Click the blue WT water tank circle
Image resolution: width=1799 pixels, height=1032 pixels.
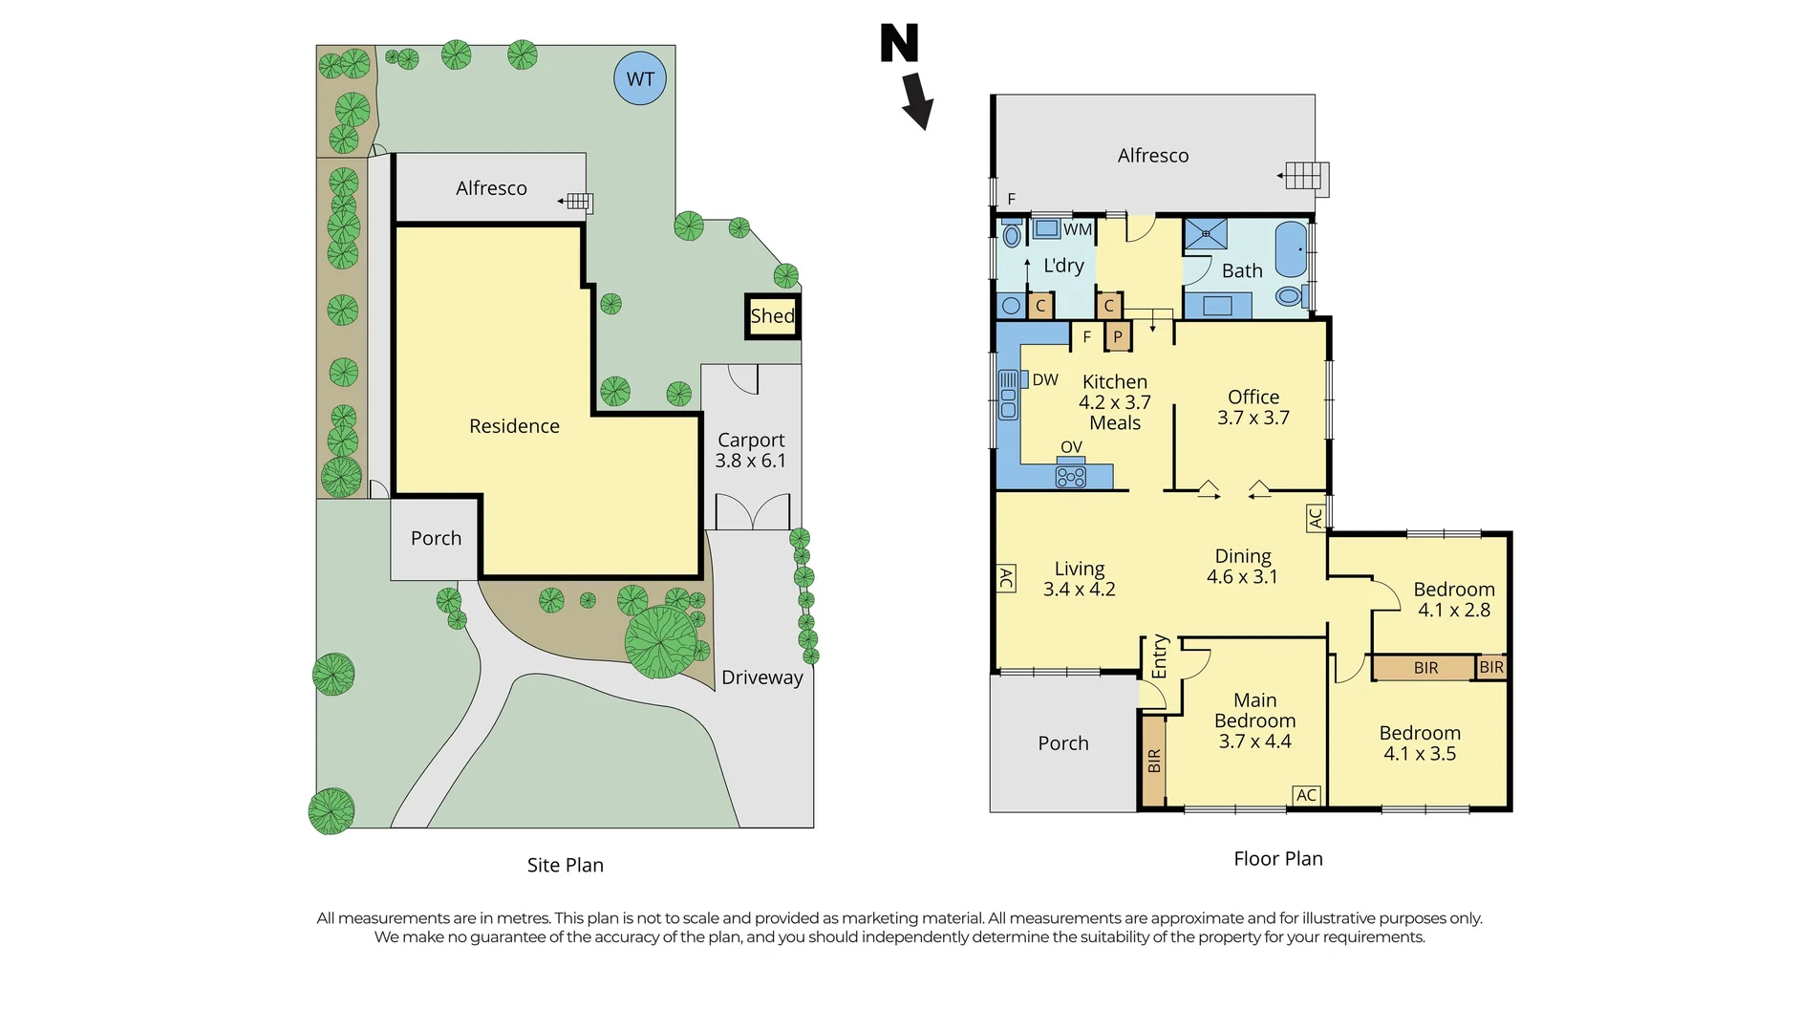click(x=640, y=78)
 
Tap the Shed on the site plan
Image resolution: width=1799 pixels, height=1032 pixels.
click(x=773, y=316)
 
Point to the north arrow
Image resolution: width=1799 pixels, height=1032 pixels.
click(x=917, y=100)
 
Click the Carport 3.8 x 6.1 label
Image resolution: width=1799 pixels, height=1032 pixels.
click(x=751, y=450)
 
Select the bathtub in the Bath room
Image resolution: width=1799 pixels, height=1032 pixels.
click(x=1291, y=250)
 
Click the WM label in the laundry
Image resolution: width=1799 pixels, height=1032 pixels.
click(x=1078, y=229)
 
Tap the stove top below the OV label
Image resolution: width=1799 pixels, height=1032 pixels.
click(x=1071, y=476)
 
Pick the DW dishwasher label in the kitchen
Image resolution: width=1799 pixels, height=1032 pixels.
click(x=1045, y=379)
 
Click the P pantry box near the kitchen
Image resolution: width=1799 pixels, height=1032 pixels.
click(x=1118, y=336)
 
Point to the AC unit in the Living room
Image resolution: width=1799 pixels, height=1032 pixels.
click(x=1006, y=578)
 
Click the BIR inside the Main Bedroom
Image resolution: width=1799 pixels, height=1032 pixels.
click(x=1154, y=761)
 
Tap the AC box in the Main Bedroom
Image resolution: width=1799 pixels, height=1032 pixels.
click(x=1307, y=795)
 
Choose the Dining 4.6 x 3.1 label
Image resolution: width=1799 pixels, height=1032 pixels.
click(x=1242, y=566)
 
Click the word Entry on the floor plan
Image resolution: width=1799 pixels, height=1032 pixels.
click(x=1160, y=656)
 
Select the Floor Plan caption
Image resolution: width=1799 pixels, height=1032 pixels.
click(x=1278, y=858)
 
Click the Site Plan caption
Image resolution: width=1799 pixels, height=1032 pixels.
click(x=566, y=865)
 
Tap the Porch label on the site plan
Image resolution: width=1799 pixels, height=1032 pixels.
click(x=436, y=538)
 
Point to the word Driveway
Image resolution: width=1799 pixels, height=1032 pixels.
click(x=762, y=677)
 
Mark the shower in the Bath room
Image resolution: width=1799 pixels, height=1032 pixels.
click(x=1206, y=234)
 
